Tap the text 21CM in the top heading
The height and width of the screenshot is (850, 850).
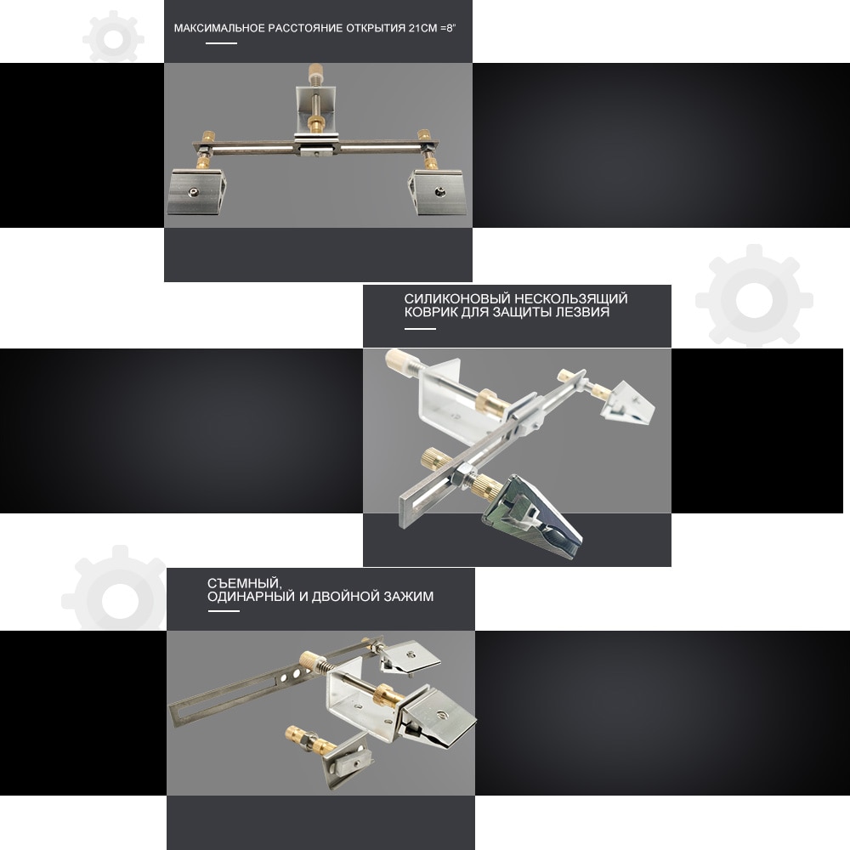(422, 28)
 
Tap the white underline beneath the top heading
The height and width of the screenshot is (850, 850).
(221, 43)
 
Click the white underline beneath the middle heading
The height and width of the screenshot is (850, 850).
(420, 328)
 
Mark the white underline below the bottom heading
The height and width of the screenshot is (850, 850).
(224, 611)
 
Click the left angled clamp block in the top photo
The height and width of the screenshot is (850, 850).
(196, 192)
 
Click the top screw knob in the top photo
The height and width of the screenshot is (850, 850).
(314, 71)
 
